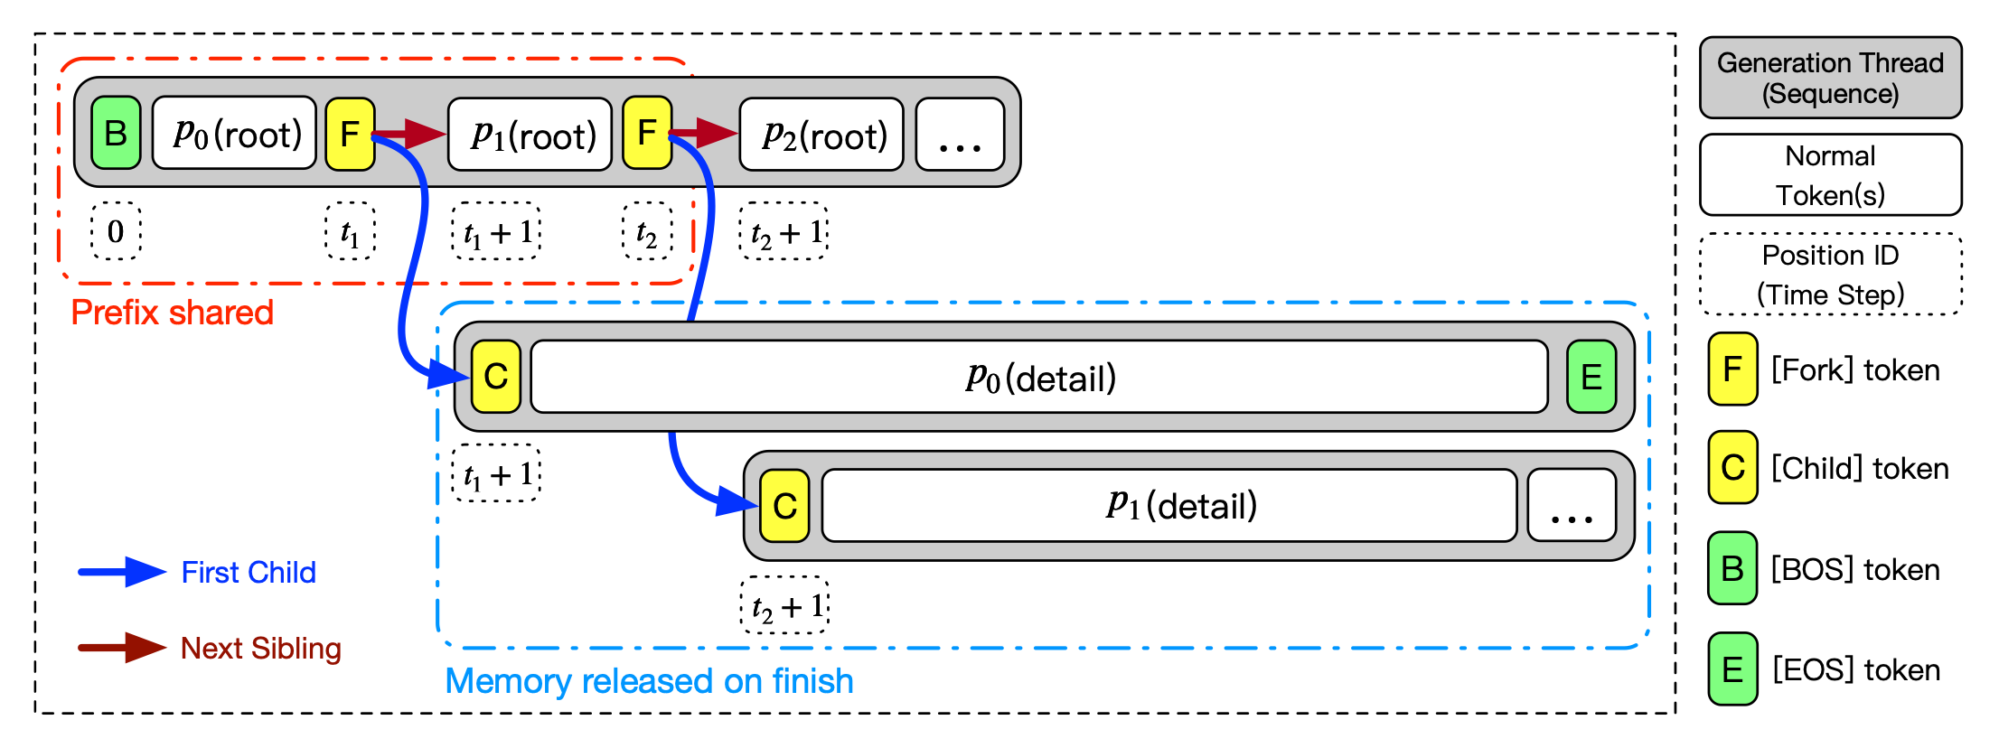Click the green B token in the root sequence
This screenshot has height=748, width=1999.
click(x=116, y=134)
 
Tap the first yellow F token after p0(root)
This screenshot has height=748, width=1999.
click(x=350, y=134)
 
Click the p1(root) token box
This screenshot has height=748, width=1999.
click(x=530, y=135)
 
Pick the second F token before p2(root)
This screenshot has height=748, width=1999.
click(x=647, y=134)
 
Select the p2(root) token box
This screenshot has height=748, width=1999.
click(x=821, y=135)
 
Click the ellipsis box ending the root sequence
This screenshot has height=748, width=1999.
click(x=960, y=135)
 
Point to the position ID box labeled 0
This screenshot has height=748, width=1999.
click(x=116, y=231)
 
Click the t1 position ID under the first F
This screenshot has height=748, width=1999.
click(x=350, y=231)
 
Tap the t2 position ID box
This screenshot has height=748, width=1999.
click(x=647, y=231)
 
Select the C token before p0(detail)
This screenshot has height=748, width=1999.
click(x=496, y=377)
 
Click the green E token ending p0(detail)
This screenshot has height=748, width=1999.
click(x=1591, y=377)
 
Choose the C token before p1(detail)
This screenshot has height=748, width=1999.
click(x=784, y=506)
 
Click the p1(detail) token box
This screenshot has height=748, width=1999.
click(x=1169, y=506)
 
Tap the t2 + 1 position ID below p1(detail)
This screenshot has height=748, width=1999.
click(x=785, y=605)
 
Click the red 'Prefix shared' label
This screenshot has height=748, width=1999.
click(x=172, y=313)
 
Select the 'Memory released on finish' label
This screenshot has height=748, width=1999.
click(x=649, y=681)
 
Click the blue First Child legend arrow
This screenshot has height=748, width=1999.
click(x=122, y=572)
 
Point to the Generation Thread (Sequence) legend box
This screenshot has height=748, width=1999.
click(x=1830, y=78)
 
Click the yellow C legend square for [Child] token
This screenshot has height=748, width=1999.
click(x=1732, y=467)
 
